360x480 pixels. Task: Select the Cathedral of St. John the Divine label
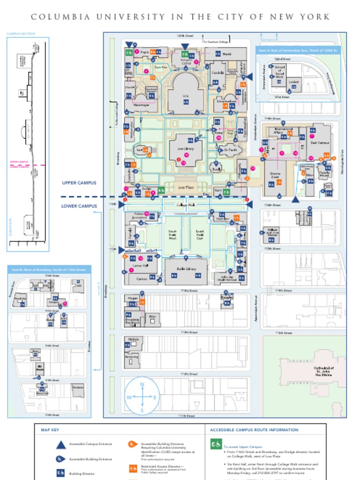click(323, 371)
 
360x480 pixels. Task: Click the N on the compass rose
click(142, 384)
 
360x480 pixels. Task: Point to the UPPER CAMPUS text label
click(80, 183)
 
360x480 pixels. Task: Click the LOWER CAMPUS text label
click(80, 206)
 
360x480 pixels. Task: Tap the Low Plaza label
click(186, 187)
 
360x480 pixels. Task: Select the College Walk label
click(186, 205)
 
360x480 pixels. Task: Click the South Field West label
click(172, 235)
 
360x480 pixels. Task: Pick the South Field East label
click(199, 235)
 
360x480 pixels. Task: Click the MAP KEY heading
click(50, 430)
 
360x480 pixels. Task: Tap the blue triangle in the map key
click(60, 445)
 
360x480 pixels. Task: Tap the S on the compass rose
click(142, 411)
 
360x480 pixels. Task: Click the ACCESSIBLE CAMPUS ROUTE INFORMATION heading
click(254, 430)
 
